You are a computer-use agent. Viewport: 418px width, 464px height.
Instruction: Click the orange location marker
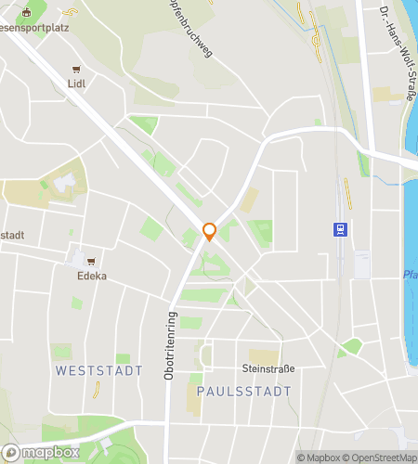pos(210,232)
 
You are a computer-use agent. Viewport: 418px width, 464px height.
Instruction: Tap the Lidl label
pos(76,83)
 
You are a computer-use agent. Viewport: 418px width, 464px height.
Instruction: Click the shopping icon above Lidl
pos(76,69)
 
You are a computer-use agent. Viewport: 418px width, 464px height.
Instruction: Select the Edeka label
pos(92,276)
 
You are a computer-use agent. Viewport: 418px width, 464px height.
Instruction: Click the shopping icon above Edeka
pos(91,262)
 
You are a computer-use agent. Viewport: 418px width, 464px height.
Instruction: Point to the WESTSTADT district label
pos(99,370)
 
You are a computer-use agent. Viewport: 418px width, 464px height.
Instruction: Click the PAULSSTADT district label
pos(237,392)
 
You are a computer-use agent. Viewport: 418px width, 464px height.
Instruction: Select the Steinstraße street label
pos(269,368)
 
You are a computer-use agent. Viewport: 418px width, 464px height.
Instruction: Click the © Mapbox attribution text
pos(320,458)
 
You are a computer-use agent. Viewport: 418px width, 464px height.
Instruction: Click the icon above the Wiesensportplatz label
pos(26,12)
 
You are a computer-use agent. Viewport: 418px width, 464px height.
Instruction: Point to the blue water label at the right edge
pos(411,276)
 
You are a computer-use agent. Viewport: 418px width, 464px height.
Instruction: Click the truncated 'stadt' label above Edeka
pos(12,235)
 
